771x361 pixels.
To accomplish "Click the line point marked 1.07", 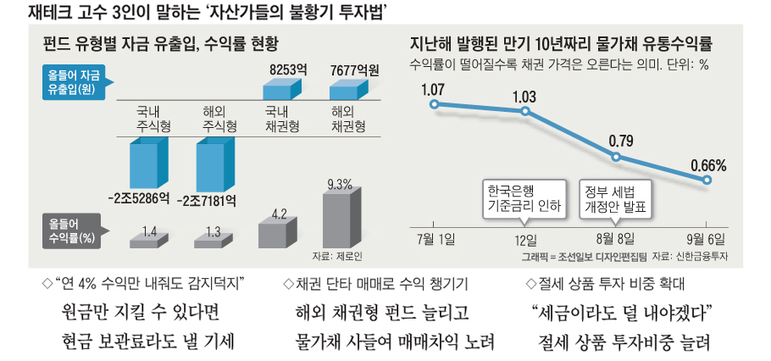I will pyautogui.click(x=434, y=105).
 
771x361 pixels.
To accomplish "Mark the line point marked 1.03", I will pyautogui.click(x=525, y=111).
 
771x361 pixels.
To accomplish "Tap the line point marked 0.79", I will pyautogui.click(x=617, y=158).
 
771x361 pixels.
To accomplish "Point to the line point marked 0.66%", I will pyautogui.click(x=708, y=180).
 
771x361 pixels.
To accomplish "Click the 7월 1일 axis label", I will pyautogui.click(x=436, y=238).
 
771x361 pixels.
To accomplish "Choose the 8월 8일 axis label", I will pyautogui.click(x=617, y=238).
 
